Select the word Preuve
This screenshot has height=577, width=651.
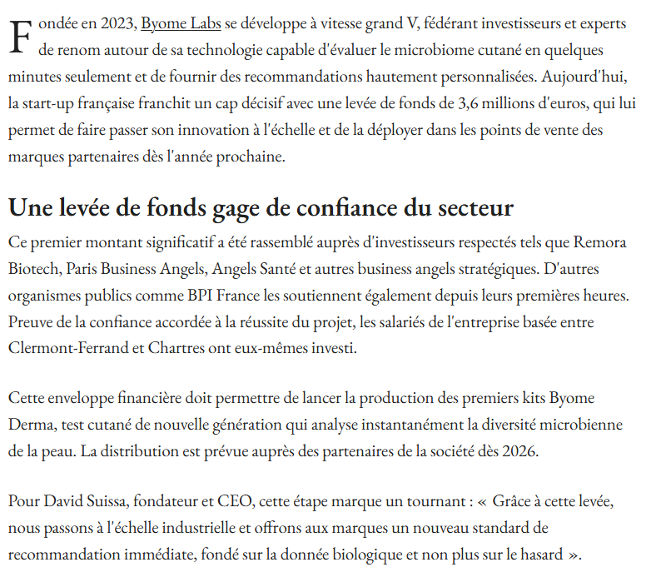pyautogui.click(x=30, y=321)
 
